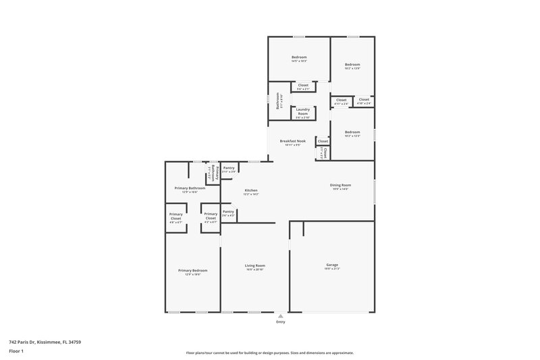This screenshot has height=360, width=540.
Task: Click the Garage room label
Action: click(332, 265)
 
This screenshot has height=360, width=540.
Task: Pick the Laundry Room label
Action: click(303, 111)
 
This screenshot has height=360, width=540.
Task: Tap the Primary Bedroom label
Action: click(190, 271)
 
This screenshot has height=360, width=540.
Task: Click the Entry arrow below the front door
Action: click(280, 315)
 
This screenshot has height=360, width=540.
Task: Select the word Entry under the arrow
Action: click(280, 322)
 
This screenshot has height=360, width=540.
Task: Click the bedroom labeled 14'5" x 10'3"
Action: click(299, 57)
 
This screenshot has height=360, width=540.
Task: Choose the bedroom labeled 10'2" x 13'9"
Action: click(352, 65)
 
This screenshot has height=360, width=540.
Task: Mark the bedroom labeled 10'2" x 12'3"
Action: click(352, 132)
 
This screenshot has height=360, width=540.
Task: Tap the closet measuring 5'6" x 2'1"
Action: click(303, 86)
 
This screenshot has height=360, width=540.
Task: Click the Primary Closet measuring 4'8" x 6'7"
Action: click(175, 217)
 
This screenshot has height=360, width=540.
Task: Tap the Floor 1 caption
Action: click(17, 352)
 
